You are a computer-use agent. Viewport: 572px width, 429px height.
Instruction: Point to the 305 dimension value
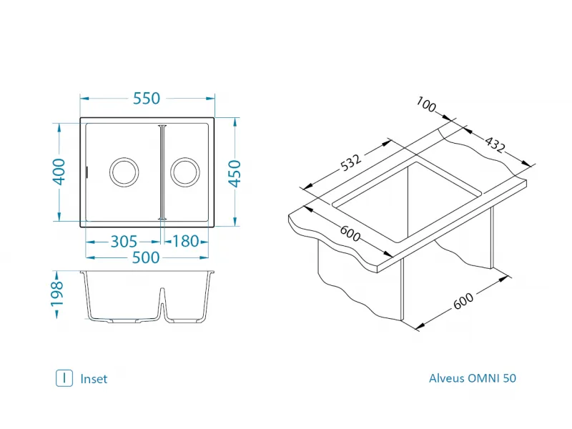tap(124, 242)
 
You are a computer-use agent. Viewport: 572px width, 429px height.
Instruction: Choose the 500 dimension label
tap(146, 258)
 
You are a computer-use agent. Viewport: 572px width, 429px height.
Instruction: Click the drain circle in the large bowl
tap(123, 172)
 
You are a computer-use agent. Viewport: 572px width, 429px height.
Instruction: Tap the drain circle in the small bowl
tap(185, 172)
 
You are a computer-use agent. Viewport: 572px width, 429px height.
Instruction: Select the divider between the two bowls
tap(163, 172)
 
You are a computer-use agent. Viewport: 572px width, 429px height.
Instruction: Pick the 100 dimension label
tap(426, 106)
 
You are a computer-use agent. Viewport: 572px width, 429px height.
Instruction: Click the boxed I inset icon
tap(64, 378)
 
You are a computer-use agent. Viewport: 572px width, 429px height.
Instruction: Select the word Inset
tap(94, 379)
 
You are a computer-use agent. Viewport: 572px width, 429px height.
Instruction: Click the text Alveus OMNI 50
tap(472, 378)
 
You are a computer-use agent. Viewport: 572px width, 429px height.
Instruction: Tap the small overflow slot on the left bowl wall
tap(87, 172)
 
